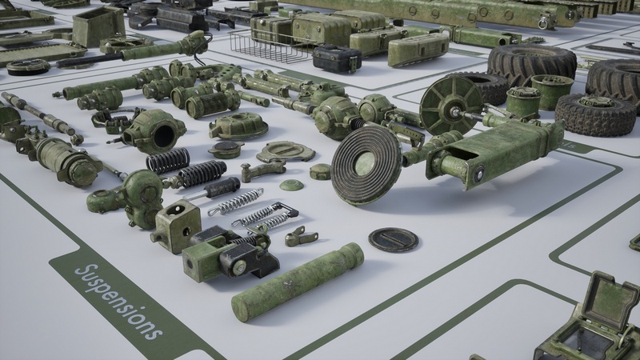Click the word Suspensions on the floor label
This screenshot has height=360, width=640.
(x=118, y=302)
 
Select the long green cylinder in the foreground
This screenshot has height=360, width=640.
(x=298, y=282)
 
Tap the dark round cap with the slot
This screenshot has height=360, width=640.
(x=394, y=239)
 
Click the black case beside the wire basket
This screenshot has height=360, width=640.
(x=337, y=58)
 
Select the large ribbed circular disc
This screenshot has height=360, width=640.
(x=366, y=165)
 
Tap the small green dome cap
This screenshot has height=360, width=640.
(x=291, y=185)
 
